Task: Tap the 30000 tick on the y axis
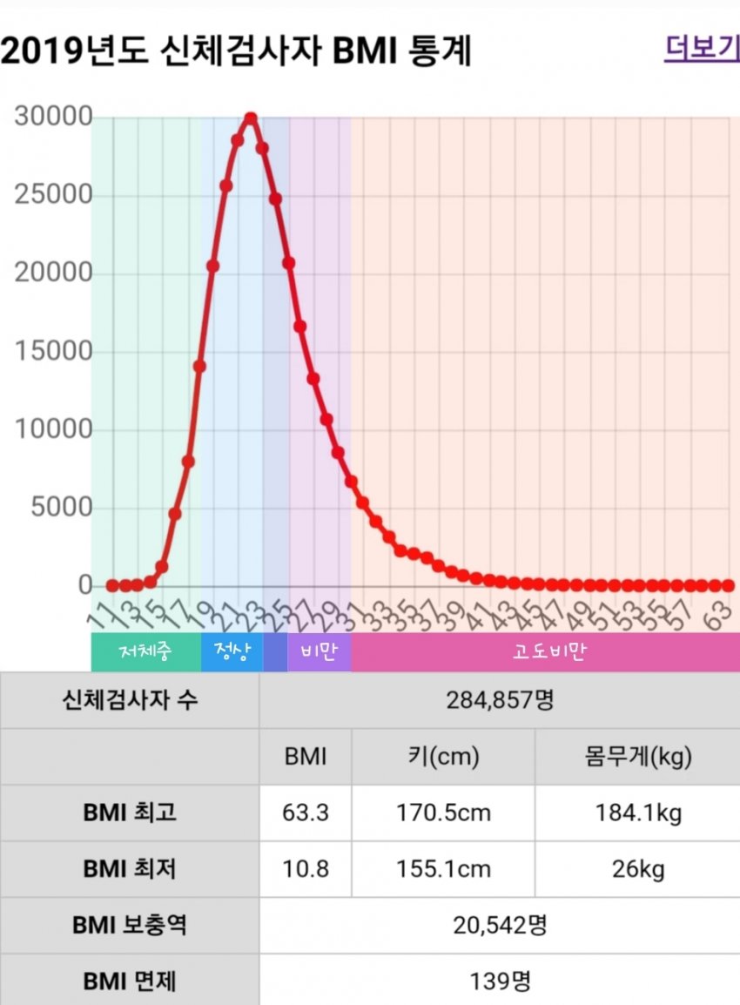53,118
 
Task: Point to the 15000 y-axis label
53,352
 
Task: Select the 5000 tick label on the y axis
61,508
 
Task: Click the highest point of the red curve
251,118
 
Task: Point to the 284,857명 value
499,699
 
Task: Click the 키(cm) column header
442,756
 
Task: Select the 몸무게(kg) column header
638,756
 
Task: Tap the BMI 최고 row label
130,813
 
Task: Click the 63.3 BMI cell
305,813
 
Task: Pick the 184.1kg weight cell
638,813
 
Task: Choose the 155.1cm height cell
442,869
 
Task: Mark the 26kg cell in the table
638,869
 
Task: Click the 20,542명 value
499,925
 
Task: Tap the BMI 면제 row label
130,981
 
